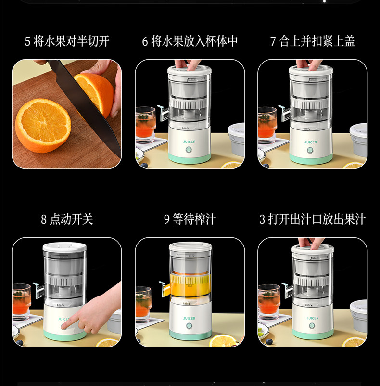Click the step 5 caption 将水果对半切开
(71, 41)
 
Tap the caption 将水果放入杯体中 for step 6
(194, 41)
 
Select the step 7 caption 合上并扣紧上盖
(317, 41)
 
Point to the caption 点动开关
(71, 219)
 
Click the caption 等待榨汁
(194, 219)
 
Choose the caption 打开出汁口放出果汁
(317, 219)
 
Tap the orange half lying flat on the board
(43, 126)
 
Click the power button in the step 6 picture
(189, 150)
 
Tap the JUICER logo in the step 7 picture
(311, 142)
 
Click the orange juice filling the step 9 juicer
(190, 285)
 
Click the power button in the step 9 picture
(189, 326)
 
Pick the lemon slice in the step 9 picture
(223, 340)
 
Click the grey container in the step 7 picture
(359, 141)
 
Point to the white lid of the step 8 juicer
(64, 247)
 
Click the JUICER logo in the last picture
(313, 318)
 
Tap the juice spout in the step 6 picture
(164, 113)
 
